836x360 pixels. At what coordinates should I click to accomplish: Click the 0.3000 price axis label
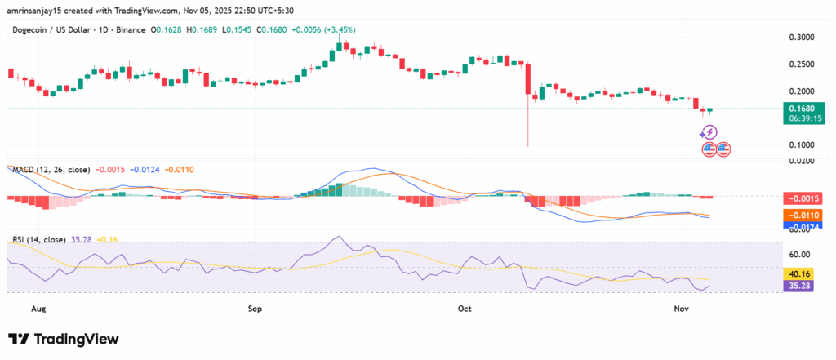pos(800,38)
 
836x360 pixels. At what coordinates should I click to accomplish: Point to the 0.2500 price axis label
pos(800,64)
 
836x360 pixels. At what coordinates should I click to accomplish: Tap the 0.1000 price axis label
pos(800,144)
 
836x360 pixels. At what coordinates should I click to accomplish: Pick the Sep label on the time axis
pos(255,309)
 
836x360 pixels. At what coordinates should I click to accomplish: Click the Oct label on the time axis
pos(465,309)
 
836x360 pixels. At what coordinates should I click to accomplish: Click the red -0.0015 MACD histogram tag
pos(800,198)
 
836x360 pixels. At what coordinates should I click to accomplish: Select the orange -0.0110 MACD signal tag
pos(800,215)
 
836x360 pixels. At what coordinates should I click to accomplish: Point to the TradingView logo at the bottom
pos(64,339)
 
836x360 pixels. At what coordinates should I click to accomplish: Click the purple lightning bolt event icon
pos(709,131)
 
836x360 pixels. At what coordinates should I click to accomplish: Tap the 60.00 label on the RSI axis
pos(800,254)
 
